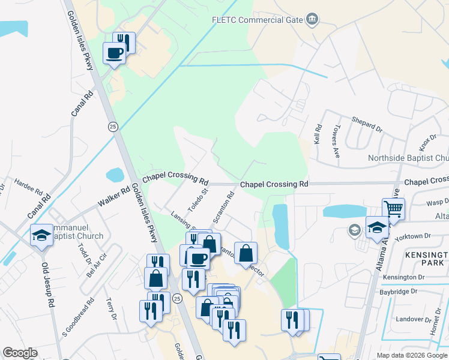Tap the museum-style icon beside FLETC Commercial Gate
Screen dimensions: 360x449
(x=312, y=19)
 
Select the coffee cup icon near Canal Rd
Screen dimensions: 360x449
(x=114, y=53)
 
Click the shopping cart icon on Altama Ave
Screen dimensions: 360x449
(x=393, y=209)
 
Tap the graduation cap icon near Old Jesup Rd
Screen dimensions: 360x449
(x=42, y=235)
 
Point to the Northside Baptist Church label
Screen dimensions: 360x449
(x=408, y=158)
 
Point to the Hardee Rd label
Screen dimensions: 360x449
(x=28, y=187)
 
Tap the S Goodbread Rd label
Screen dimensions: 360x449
(x=78, y=316)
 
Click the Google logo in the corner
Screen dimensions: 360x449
(x=20, y=353)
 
